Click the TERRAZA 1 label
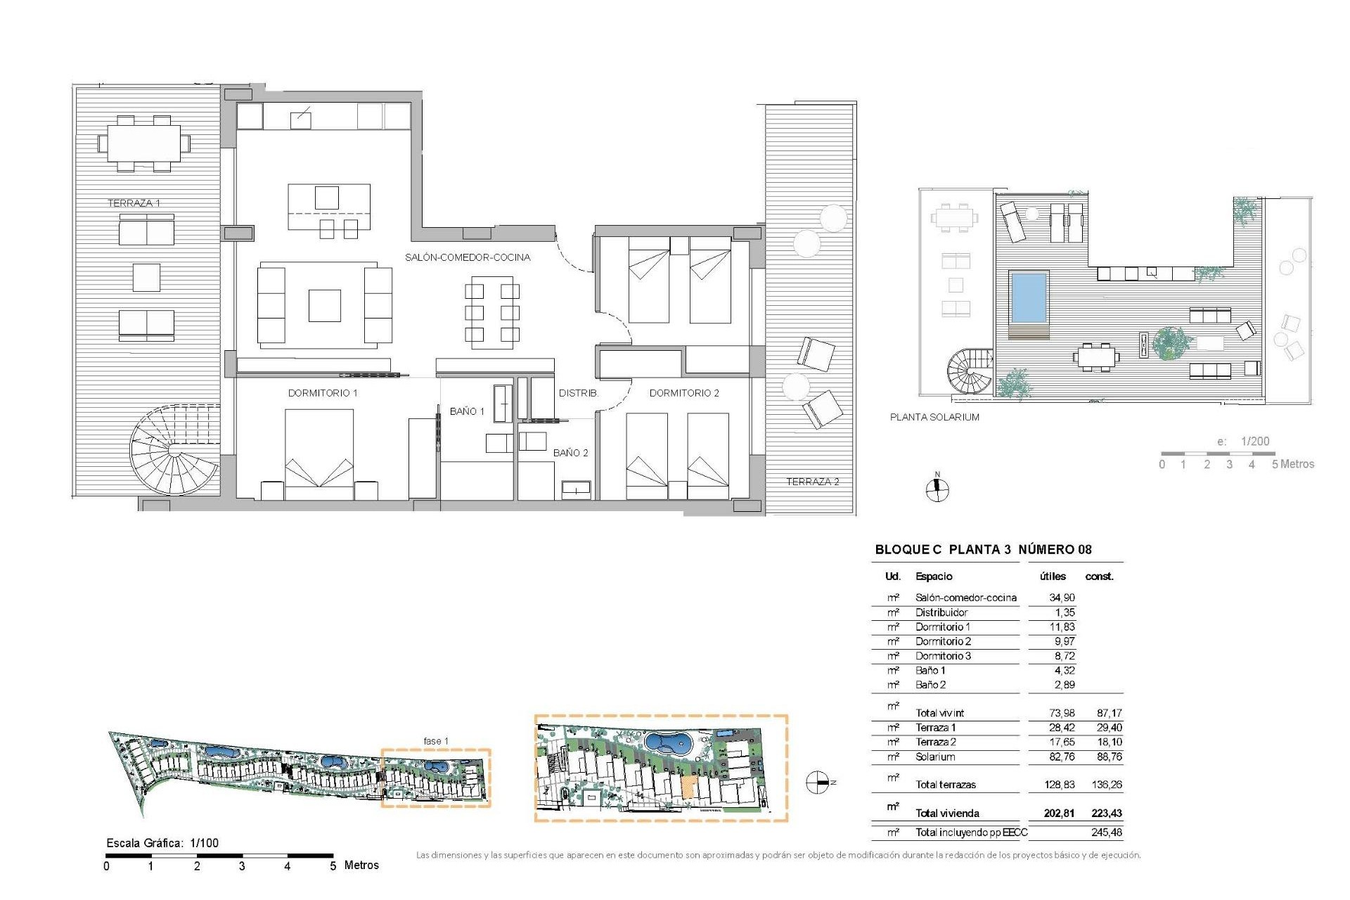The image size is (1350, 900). (x=134, y=203)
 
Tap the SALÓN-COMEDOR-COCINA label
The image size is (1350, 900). (x=468, y=257)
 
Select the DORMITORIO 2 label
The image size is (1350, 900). (x=684, y=393)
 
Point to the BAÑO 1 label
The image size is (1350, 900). (x=467, y=411)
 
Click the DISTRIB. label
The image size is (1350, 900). (x=579, y=393)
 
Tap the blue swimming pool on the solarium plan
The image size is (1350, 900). (x=1029, y=295)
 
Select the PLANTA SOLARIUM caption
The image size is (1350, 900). (x=934, y=417)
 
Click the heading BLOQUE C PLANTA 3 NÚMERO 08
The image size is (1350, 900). (x=983, y=550)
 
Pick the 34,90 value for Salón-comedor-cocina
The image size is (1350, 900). (x=1062, y=598)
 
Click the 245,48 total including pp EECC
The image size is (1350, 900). (x=1107, y=832)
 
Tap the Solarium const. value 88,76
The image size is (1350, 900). (x=1107, y=757)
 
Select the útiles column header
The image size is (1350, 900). (x=1053, y=577)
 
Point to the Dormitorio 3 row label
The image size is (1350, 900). (x=943, y=656)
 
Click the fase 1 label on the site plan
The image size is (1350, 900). (x=436, y=741)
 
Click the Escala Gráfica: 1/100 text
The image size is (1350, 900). (x=162, y=843)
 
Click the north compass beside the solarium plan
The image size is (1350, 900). (x=937, y=489)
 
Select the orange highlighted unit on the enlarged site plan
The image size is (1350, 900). (x=689, y=787)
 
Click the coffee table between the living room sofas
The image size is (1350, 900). (x=325, y=306)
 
